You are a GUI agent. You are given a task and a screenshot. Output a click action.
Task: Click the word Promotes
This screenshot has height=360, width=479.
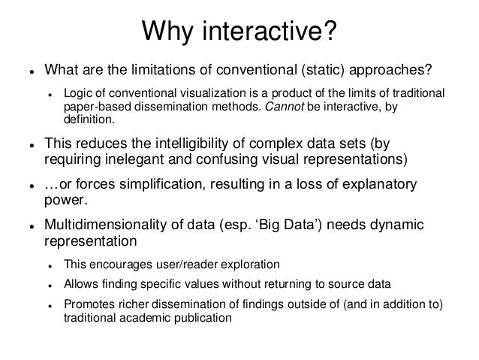[89, 304]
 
